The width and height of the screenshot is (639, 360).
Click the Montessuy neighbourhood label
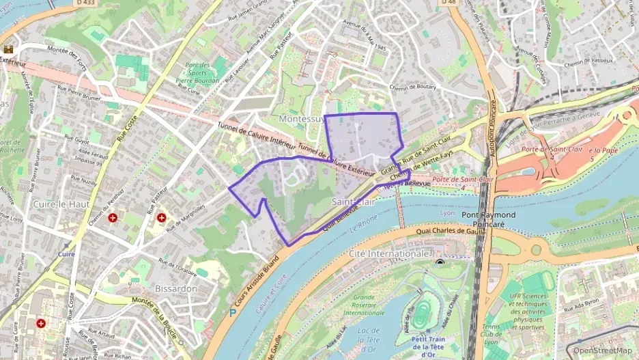(x=300, y=119)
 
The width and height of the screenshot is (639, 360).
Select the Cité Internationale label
(x=388, y=253)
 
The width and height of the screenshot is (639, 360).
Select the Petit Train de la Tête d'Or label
(x=429, y=346)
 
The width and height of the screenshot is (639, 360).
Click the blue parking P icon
(x=233, y=313)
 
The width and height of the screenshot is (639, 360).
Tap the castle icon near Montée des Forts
(x=9, y=49)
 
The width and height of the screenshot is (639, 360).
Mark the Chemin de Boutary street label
(x=412, y=87)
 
